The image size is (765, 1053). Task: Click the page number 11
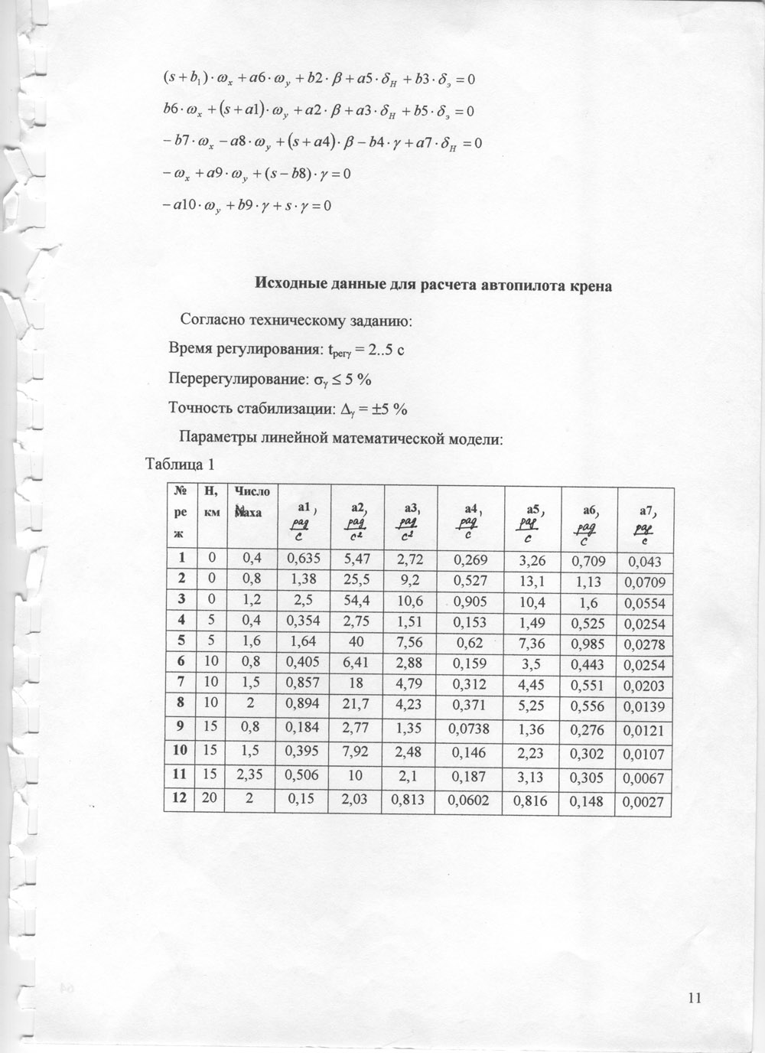pyautogui.click(x=694, y=997)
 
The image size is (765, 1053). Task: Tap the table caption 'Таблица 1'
pyautogui.click(x=180, y=464)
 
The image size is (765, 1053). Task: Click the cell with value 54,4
pyautogui.click(x=357, y=601)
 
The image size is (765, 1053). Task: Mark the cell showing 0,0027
pyautogui.click(x=643, y=804)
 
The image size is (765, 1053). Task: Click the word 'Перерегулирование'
pyautogui.click(x=234, y=379)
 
